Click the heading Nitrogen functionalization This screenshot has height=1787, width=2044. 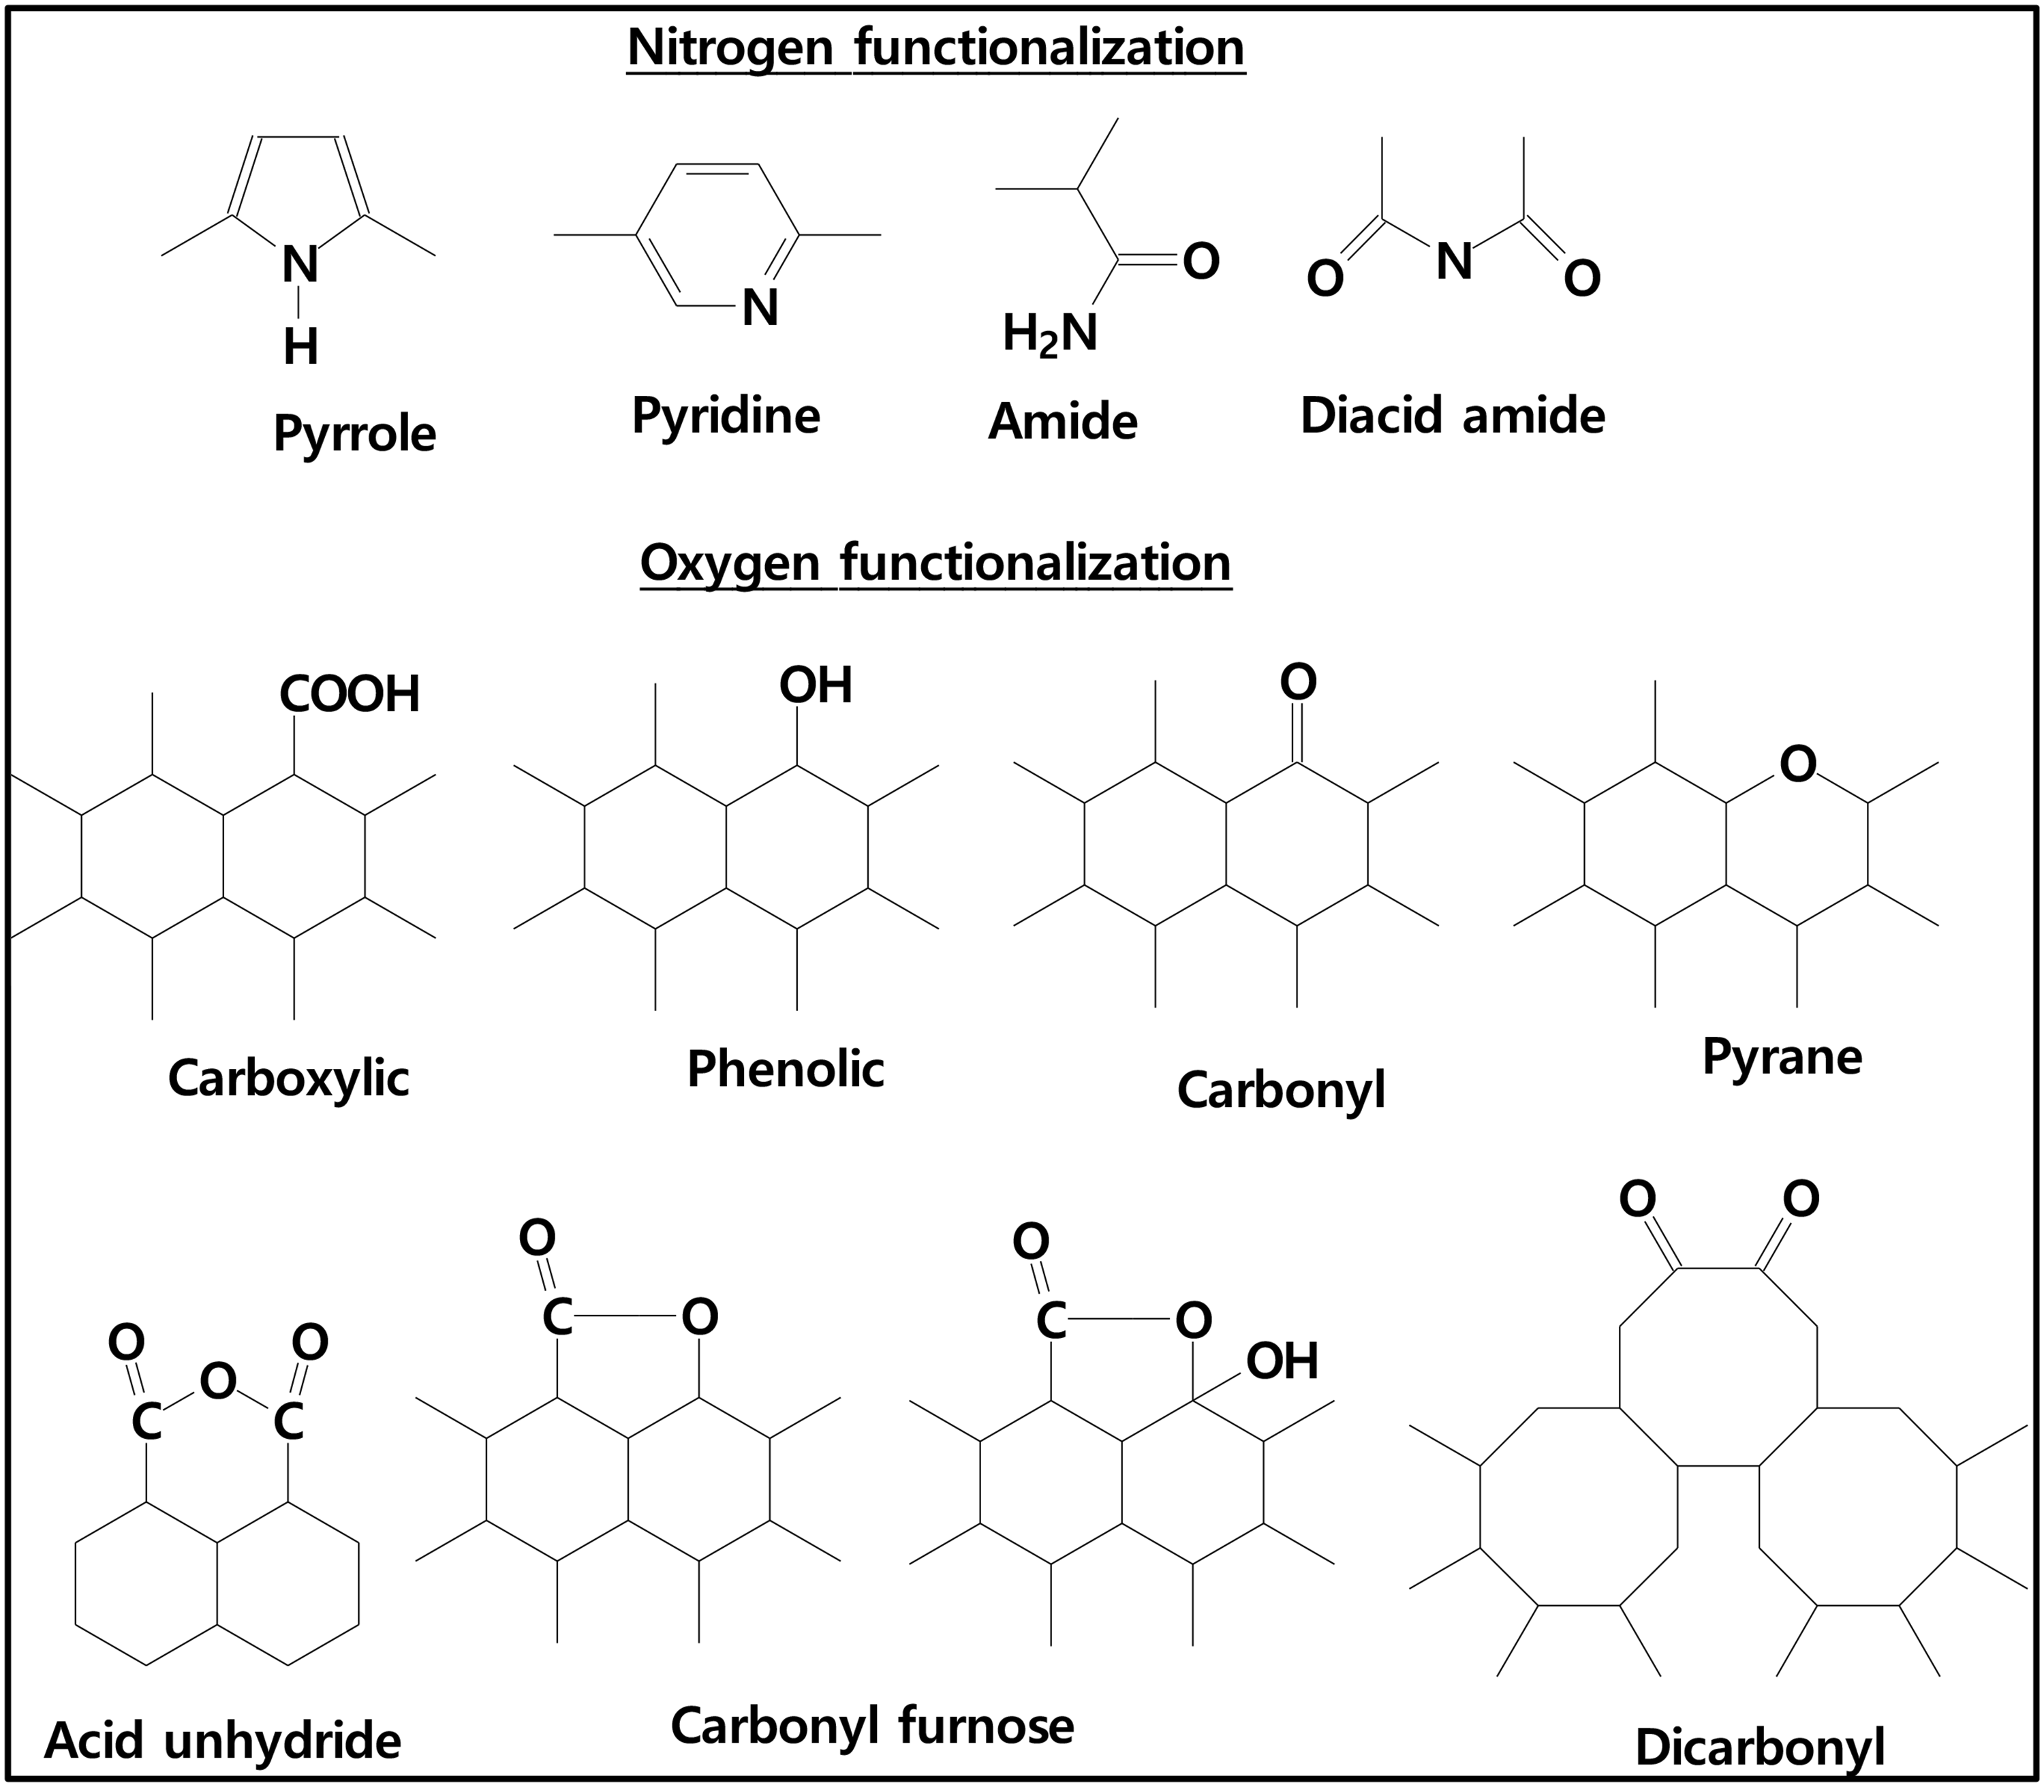coord(935,48)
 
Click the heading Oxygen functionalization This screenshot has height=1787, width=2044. coord(935,563)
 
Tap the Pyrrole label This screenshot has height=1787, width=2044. coord(354,435)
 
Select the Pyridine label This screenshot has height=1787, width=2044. coord(725,416)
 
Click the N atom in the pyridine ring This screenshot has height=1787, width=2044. coord(760,308)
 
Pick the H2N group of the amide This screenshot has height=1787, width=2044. coord(1049,334)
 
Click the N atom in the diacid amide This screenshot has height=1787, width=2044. coord(1454,261)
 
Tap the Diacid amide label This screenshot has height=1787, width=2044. coord(1452,416)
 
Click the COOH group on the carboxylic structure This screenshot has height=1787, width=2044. coord(349,695)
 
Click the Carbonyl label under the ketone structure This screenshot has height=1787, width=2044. coord(1280,1090)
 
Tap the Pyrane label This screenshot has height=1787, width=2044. coord(1781,1057)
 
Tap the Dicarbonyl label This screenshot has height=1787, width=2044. coord(1760,1746)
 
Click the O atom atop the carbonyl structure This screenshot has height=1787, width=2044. coord(1297,683)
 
